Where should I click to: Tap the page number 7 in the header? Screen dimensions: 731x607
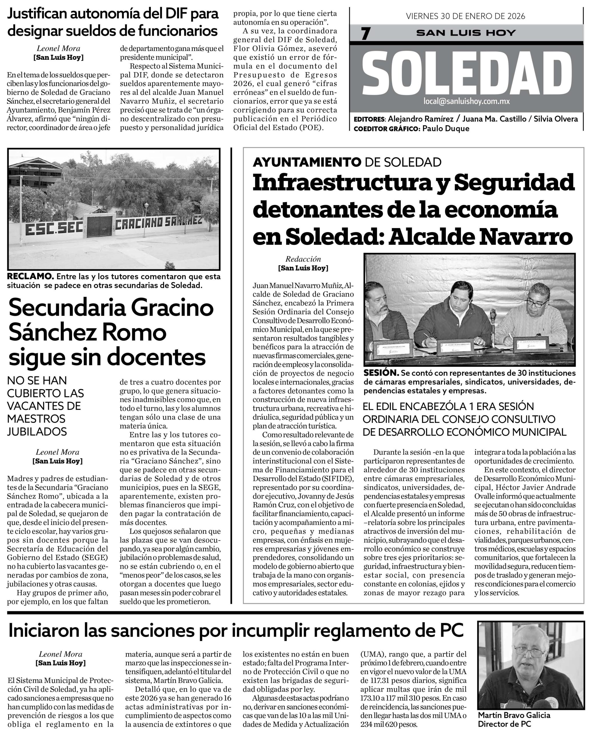click(365, 33)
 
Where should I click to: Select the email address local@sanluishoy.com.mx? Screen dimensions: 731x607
click(467, 101)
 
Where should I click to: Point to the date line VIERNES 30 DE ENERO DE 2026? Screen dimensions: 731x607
click(465, 16)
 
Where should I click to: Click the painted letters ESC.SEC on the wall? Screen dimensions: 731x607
click(54, 228)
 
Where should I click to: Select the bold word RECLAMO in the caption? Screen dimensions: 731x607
click(30, 276)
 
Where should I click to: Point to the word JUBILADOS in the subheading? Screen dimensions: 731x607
click(37, 432)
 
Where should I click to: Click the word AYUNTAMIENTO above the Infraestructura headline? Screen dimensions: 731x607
click(307, 162)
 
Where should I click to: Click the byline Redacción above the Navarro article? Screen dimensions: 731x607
click(303, 259)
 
